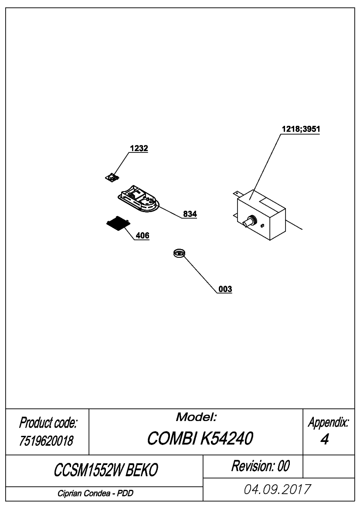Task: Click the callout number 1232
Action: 139,148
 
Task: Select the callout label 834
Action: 190,214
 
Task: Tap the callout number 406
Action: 143,236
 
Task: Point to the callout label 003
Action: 225,289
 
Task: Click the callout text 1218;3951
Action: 301,129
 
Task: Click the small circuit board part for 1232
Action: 112,177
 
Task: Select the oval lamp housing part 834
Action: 139,199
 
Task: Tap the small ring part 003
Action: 179,253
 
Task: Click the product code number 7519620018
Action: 46,441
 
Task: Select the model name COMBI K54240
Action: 200,438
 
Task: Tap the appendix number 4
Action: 325,439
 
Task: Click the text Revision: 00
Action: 260,466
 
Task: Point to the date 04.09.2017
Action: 278,489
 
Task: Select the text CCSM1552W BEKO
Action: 106,470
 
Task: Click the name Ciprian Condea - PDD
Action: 95,493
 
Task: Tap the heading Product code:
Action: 48,423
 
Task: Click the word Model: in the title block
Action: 196,417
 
